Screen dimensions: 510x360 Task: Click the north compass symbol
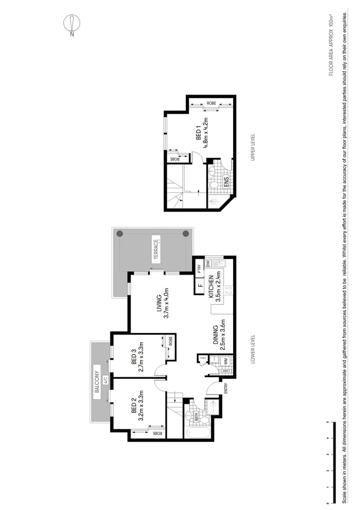(x=71, y=23)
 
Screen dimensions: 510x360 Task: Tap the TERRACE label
(x=156, y=249)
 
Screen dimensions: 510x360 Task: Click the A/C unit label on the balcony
(x=105, y=380)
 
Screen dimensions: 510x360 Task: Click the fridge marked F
(x=201, y=286)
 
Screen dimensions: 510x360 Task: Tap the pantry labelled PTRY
(x=199, y=268)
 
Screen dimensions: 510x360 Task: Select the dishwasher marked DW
(x=208, y=262)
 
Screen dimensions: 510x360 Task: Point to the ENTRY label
(x=226, y=388)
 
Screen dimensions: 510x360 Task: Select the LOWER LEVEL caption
(x=254, y=348)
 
